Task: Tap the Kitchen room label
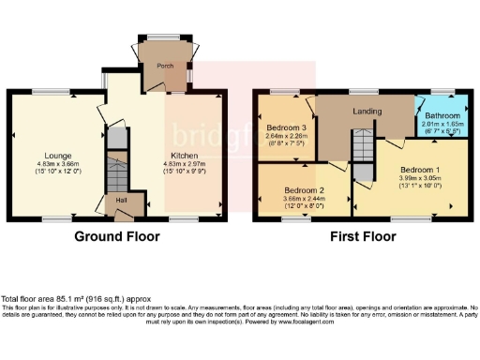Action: pos(183,156)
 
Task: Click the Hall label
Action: pos(121,200)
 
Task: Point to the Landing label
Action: pos(367,113)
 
